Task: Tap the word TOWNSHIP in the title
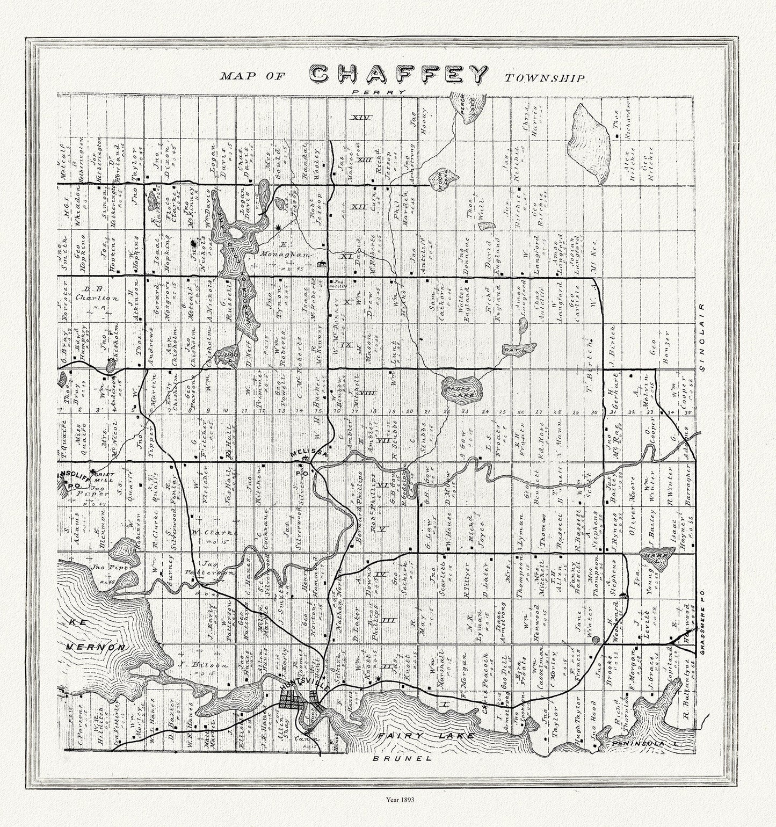coord(544,78)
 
